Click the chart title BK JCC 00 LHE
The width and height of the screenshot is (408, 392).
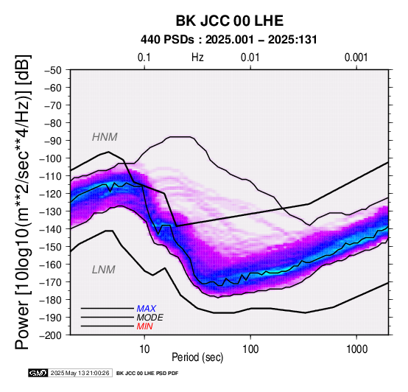click(230, 21)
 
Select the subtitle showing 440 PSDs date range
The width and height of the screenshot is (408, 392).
click(229, 40)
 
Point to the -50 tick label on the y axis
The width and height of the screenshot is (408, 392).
click(53, 70)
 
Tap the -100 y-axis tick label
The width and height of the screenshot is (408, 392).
click(51, 158)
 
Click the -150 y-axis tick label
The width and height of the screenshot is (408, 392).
click(51, 247)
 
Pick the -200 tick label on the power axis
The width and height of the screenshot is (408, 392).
click(51, 335)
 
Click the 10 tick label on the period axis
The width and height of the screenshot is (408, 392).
click(144, 349)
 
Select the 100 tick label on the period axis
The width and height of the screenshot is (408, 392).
click(250, 349)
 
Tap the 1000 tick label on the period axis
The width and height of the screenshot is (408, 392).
click(356, 349)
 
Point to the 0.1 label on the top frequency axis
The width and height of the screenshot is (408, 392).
click(144, 57)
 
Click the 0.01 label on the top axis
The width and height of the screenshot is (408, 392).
click(250, 57)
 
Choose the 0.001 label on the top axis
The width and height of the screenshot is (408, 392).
click(356, 57)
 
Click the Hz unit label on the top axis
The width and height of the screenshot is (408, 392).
click(197, 57)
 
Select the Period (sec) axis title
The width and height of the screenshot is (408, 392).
click(197, 357)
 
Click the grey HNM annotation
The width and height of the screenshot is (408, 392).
click(105, 137)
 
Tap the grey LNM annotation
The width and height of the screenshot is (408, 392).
click(104, 270)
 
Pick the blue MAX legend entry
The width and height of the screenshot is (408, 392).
click(147, 309)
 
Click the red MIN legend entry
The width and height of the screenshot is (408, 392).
click(144, 326)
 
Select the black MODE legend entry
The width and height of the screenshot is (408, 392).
click(150, 318)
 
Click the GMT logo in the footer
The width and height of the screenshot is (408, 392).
click(38, 373)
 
